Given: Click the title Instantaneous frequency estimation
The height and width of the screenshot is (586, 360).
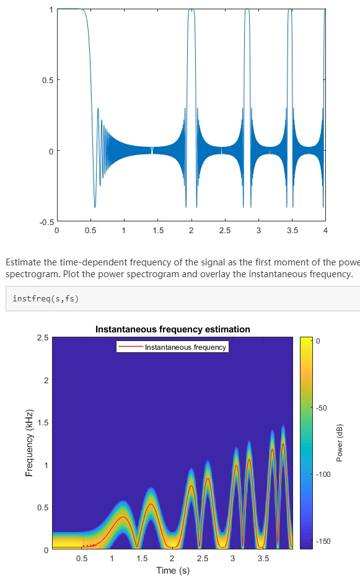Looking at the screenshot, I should (172, 329).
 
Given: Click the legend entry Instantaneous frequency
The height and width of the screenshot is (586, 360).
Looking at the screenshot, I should (185, 347).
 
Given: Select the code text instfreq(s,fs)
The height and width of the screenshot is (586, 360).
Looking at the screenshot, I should (46, 299).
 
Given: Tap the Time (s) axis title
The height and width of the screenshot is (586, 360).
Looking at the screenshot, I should (172, 570).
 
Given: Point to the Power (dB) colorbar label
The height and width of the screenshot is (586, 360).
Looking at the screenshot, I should (339, 443).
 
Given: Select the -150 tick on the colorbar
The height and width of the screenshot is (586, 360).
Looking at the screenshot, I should (323, 541).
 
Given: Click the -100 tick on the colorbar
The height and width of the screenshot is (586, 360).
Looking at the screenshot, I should (323, 474).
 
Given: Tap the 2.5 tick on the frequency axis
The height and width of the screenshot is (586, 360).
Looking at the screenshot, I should (43, 337).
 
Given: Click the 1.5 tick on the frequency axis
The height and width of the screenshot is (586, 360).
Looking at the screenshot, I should (43, 422).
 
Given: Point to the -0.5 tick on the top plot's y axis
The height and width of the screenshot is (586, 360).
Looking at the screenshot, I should (45, 221).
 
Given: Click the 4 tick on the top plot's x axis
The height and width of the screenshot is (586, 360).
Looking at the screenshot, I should (325, 231).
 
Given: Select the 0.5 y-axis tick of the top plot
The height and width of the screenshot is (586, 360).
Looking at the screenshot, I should (46, 80).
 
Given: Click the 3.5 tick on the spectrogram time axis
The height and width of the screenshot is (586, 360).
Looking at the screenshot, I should (263, 559).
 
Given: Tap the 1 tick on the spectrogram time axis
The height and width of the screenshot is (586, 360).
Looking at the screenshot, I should (112, 559).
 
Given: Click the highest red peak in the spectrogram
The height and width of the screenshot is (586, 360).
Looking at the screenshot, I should (283, 443).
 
